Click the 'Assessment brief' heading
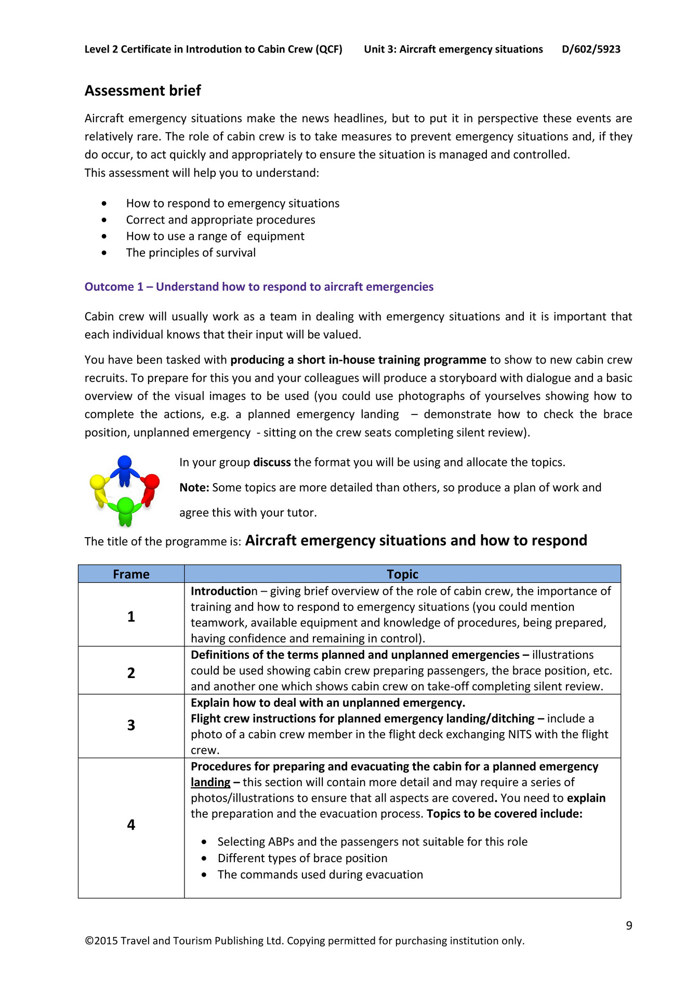click(x=143, y=90)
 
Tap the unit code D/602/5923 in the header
click(x=591, y=49)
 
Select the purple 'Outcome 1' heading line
click(x=259, y=287)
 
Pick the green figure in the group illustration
click(x=125, y=509)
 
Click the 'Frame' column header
click(x=131, y=574)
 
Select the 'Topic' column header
click(x=402, y=574)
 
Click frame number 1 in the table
click(x=131, y=616)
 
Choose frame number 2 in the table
click(x=131, y=673)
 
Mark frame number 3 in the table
click(x=131, y=725)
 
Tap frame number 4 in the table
click(x=131, y=825)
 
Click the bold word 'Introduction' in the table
click(x=221, y=591)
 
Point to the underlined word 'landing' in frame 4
click(x=210, y=783)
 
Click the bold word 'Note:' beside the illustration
click(x=194, y=488)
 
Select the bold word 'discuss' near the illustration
click(x=272, y=463)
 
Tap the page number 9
click(x=629, y=926)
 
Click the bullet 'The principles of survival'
click(x=191, y=253)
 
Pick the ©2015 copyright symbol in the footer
click(x=89, y=941)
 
